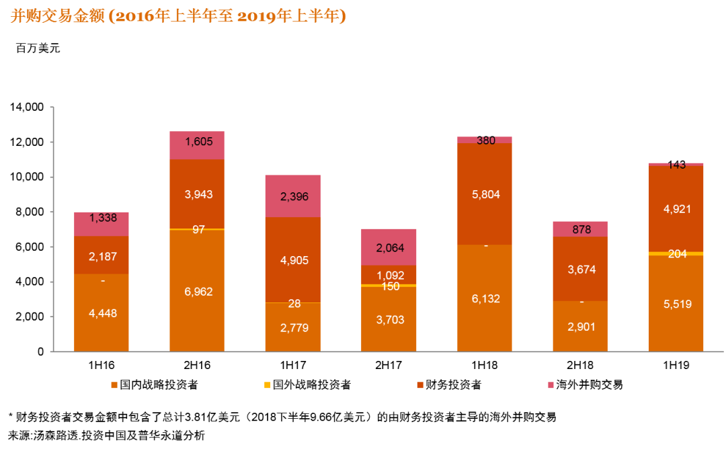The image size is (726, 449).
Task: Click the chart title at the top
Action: pyautogui.click(x=178, y=16)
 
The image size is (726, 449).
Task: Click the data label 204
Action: pyautogui.click(x=677, y=254)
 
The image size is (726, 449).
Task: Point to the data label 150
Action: pyautogui.click(x=389, y=286)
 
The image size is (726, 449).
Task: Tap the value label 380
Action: pyautogui.click(x=485, y=140)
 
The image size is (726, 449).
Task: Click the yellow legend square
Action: pyautogui.click(x=268, y=385)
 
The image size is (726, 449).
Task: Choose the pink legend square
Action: pyautogui.click(x=551, y=385)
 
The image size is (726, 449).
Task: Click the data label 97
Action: pyautogui.click(x=198, y=230)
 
